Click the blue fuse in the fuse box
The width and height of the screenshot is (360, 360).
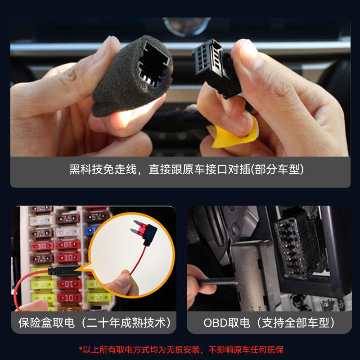pyautogui.click(x=90, y=231)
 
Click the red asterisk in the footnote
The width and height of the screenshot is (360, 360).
pyautogui.click(x=81, y=349)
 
